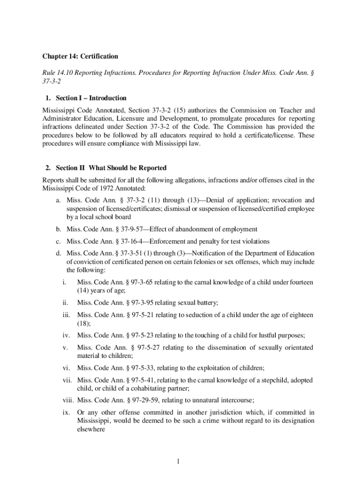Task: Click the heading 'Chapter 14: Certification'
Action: click(80, 57)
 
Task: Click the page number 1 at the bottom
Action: click(178, 463)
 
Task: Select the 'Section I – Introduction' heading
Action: click(91, 98)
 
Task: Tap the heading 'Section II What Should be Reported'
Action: click(111, 168)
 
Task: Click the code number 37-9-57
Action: click(123, 229)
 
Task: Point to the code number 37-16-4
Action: click(123, 241)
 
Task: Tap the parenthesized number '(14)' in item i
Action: click(85, 290)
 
